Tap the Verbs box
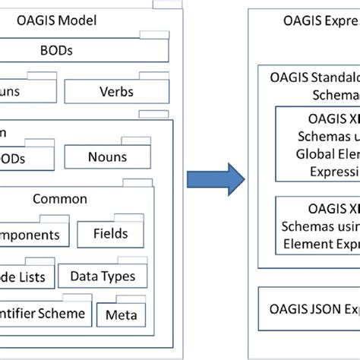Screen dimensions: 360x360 pos(116,92)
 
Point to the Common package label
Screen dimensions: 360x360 pos(60,199)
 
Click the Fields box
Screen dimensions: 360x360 pos(110,235)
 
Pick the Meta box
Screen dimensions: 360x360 pos(121,314)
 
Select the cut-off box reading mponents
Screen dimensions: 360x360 pos(30,235)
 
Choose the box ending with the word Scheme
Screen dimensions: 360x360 pos(46,314)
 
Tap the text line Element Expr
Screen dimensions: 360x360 pos(320,243)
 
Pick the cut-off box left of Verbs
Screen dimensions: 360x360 pos(24,92)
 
